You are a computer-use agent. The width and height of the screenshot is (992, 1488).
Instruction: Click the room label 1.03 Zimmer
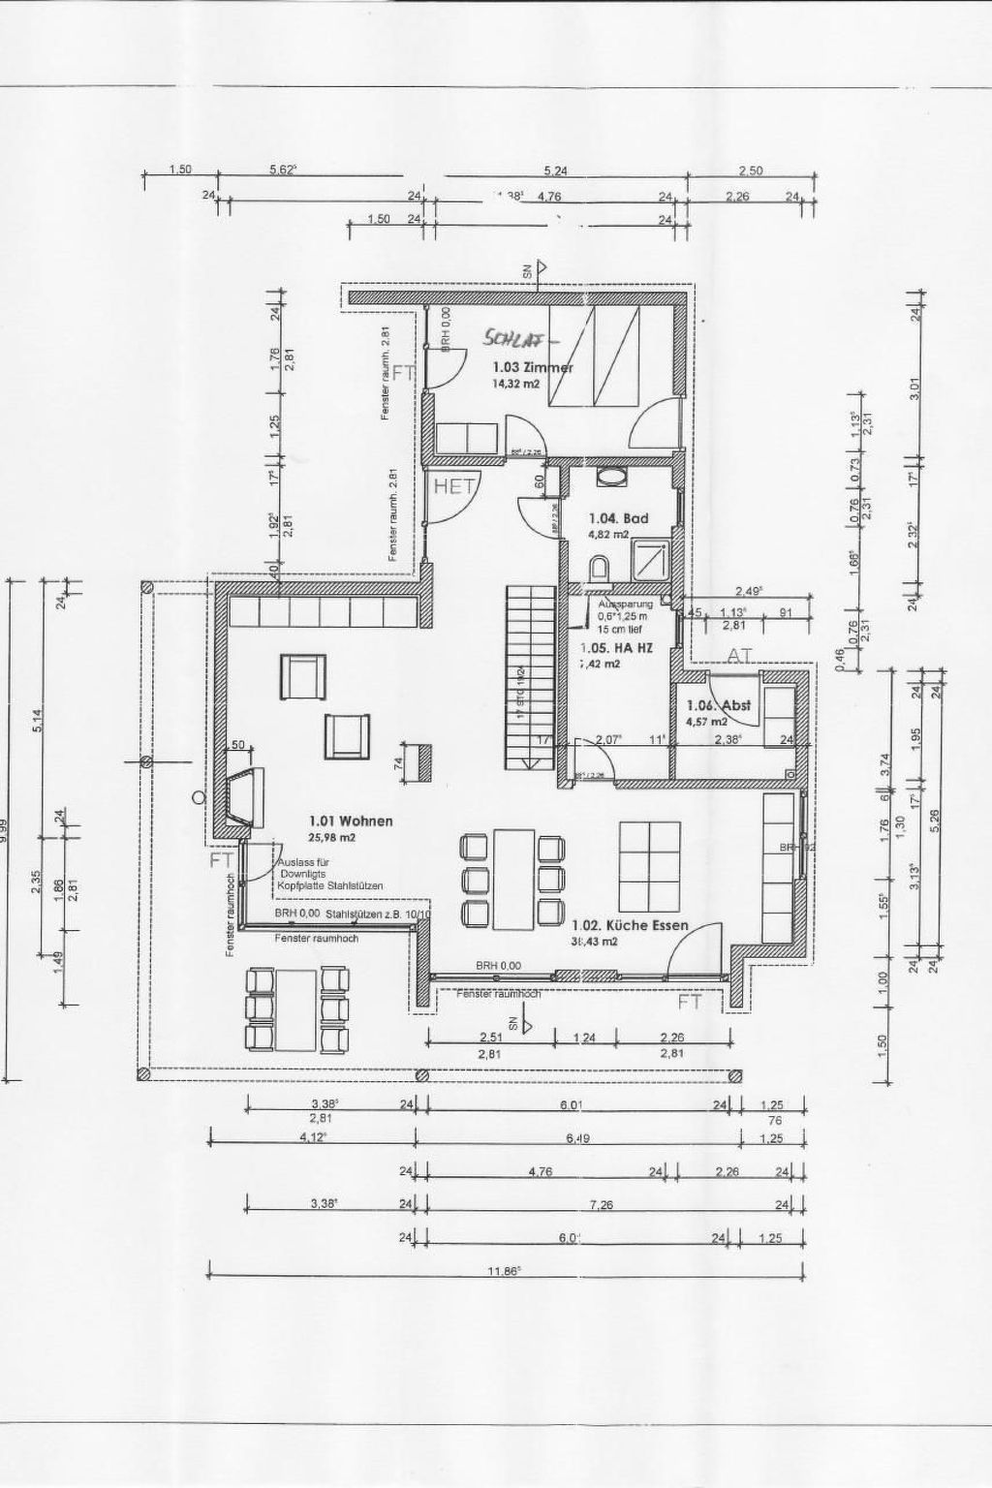(x=532, y=367)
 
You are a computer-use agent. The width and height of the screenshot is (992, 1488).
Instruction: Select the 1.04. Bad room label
(x=618, y=518)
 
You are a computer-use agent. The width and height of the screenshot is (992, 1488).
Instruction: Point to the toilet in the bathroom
(x=600, y=569)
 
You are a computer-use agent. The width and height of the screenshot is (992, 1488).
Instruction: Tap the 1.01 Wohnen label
(x=350, y=821)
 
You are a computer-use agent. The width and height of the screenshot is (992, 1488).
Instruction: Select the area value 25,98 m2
(x=332, y=837)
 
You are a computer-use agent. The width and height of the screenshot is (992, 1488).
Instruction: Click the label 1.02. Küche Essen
(x=630, y=925)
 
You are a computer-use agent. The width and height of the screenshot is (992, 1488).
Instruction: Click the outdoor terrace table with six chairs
(x=296, y=1008)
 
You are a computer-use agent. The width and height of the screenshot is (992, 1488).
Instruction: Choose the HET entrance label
(x=452, y=486)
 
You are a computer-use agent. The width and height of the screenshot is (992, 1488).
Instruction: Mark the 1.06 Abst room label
(x=718, y=706)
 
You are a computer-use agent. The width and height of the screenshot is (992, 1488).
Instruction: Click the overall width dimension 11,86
(x=504, y=1272)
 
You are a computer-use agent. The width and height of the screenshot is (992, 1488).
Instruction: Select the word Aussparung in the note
(x=620, y=604)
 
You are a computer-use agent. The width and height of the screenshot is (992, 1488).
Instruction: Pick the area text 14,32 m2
(x=515, y=383)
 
